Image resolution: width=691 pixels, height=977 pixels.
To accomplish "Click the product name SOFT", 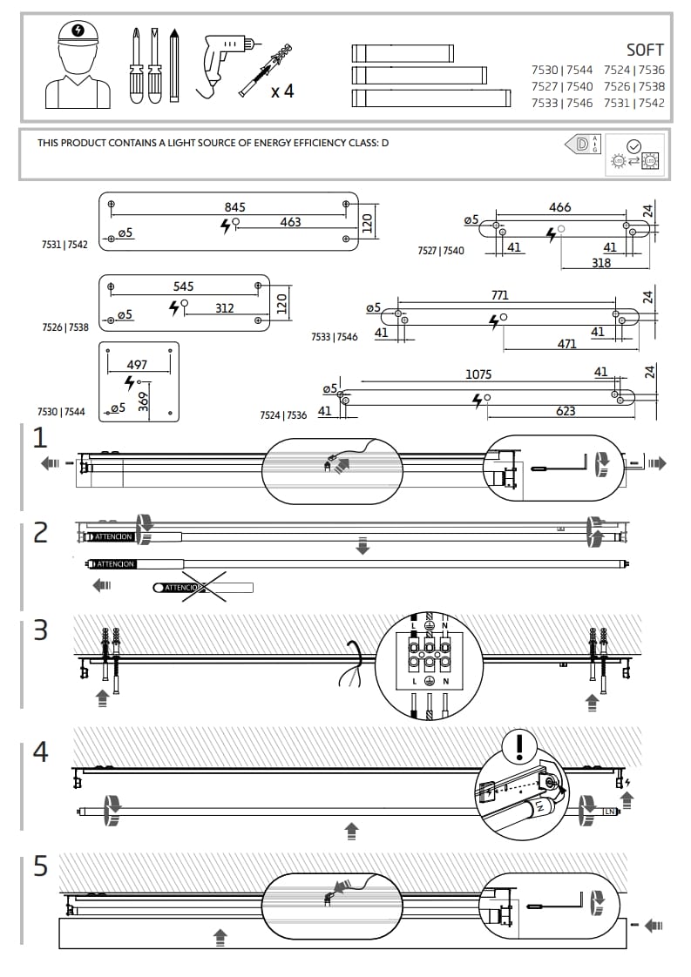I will click(645, 50).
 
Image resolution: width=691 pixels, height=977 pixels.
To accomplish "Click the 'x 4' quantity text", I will click(281, 91).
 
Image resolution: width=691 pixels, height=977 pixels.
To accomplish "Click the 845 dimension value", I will click(234, 207).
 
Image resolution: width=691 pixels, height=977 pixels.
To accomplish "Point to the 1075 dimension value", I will click(478, 374).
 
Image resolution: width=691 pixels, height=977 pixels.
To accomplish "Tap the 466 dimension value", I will click(559, 207).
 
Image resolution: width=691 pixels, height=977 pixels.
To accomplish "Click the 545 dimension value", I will click(183, 286).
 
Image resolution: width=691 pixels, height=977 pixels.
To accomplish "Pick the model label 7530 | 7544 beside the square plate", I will click(61, 412).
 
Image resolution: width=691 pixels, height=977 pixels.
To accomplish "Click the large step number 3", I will click(40, 630).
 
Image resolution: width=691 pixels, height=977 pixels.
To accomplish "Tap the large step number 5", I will click(40, 866).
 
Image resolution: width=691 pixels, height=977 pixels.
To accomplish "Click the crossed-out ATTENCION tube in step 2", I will click(202, 588).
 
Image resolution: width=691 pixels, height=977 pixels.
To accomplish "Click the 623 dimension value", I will click(566, 411).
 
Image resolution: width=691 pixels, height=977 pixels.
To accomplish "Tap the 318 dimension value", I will click(601, 263).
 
